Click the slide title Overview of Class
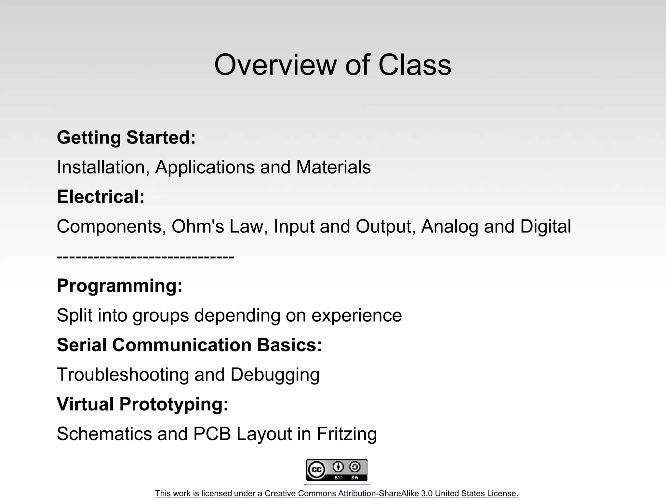(x=333, y=65)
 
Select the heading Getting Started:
(x=126, y=137)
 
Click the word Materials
(x=333, y=167)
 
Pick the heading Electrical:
(x=100, y=197)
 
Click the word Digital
(x=545, y=227)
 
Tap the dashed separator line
(x=145, y=257)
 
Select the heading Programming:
(x=120, y=286)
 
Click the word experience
(x=356, y=315)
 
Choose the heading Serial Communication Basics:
(x=189, y=345)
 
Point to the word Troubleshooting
(x=123, y=375)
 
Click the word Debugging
(x=275, y=375)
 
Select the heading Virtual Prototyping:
(x=142, y=404)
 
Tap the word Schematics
(x=104, y=434)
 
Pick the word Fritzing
(x=347, y=434)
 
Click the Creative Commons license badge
(x=337, y=470)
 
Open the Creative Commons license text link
(x=337, y=493)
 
